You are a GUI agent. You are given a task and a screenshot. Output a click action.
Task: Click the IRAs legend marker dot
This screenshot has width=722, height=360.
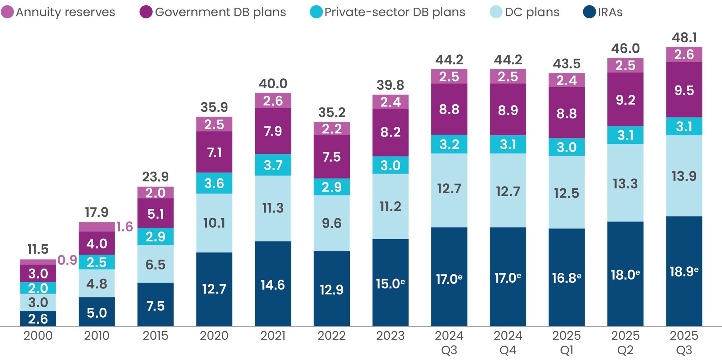pos(589,12)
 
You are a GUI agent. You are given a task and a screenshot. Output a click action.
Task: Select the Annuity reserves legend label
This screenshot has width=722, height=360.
pos(65,12)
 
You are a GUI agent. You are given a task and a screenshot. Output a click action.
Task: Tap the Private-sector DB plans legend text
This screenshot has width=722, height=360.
pos(395,12)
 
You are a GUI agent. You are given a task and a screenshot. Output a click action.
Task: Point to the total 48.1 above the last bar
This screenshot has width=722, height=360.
pos(684,37)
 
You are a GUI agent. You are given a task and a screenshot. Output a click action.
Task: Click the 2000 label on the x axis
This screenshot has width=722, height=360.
pos(38,335)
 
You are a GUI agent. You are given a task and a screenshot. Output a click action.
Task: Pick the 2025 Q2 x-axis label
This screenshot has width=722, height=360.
pos(625,342)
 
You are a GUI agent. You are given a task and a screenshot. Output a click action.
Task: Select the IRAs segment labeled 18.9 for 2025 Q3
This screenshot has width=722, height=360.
pos(684,271)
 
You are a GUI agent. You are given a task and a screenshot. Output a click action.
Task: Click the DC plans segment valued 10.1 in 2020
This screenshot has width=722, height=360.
pos(214,223)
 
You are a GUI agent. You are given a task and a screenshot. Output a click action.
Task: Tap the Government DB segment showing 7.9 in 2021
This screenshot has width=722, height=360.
pos(273,131)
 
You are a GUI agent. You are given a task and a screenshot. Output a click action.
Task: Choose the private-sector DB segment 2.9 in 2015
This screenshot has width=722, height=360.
pos(155,236)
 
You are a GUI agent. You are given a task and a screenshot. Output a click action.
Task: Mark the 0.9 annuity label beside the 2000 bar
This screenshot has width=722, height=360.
pos(67,260)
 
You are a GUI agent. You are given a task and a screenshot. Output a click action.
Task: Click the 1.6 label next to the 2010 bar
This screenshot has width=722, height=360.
pos(125,227)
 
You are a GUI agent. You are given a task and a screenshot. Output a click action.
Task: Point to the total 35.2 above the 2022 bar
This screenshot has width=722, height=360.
pos(332,113)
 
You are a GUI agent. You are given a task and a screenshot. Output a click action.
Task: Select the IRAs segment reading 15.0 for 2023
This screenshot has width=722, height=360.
pos(390,283)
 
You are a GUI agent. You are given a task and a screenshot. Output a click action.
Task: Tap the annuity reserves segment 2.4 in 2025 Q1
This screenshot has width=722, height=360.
pos(566,80)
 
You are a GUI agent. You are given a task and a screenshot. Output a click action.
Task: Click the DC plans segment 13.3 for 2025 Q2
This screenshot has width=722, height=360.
pos(625,183)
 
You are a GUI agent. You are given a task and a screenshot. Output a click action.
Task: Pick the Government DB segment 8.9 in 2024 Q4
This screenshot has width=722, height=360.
pos(508,110)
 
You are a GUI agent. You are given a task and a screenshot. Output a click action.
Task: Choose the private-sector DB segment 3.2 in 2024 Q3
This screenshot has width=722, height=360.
pos(449,144)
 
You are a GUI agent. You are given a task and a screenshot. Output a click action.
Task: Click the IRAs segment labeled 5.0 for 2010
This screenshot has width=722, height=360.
pos(96,313)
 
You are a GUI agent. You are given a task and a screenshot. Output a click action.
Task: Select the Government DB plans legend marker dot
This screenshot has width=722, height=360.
pos(146,12)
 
